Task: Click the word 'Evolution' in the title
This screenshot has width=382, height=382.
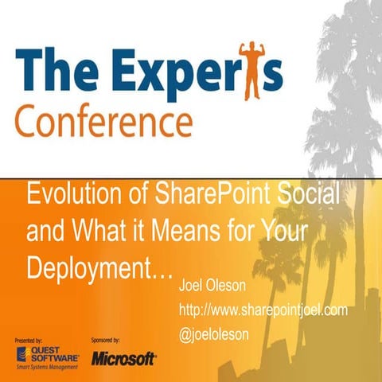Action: pos(72,193)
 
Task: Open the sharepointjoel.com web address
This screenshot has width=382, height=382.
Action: pos(264,310)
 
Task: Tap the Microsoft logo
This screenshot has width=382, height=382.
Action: pos(123,359)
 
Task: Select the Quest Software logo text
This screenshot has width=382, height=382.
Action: pos(56,355)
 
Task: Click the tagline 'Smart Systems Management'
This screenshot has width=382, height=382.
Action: pos(48,368)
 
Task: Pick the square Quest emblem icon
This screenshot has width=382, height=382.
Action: pos(23,355)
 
